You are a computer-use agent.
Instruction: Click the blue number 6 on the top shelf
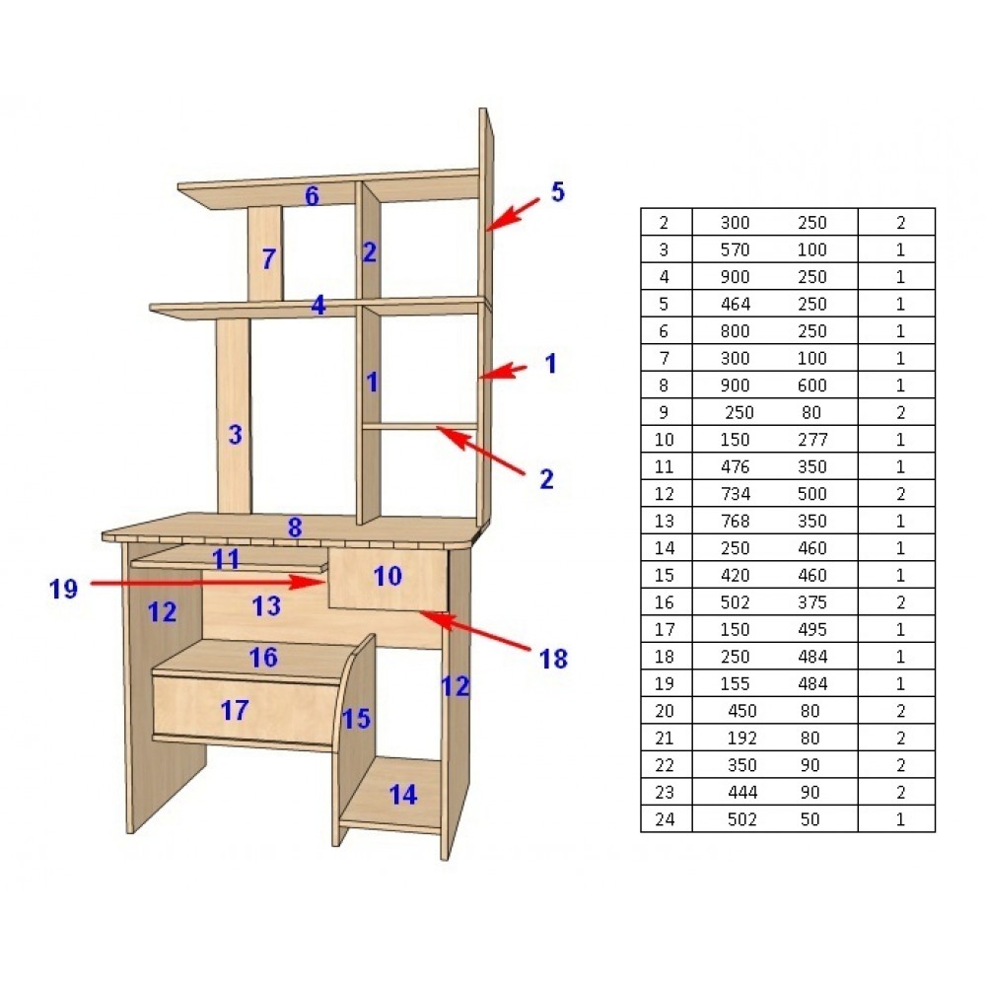(x=312, y=196)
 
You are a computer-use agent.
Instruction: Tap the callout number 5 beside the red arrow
(x=558, y=192)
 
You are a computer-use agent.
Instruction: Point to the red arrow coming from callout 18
(x=476, y=630)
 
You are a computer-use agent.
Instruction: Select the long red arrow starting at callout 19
(x=208, y=583)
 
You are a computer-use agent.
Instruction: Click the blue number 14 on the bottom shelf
(x=403, y=795)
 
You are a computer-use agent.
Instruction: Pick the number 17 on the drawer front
(x=235, y=711)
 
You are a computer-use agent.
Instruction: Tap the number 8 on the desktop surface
(x=295, y=527)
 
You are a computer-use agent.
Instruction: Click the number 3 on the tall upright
(x=236, y=435)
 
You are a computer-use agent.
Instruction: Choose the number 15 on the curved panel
(x=357, y=719)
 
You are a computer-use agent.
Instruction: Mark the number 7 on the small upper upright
(x=268, y=258)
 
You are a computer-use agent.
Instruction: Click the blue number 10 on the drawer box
(x=387, y=576)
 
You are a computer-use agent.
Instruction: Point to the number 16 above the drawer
(x=263, y=658)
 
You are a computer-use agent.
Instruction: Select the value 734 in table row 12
(x=736, y=494)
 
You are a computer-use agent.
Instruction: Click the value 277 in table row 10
(x=812, y=440)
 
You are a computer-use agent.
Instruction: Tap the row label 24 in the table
(x=665, y=819)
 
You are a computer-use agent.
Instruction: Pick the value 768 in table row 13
(x=736, y=521)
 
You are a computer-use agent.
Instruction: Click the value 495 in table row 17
(x=812, y=629)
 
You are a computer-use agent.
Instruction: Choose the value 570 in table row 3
(x=736, y=249)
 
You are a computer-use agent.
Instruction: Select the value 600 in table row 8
(x=812, y=386)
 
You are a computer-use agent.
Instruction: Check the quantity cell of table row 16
(x=900, y=602)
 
